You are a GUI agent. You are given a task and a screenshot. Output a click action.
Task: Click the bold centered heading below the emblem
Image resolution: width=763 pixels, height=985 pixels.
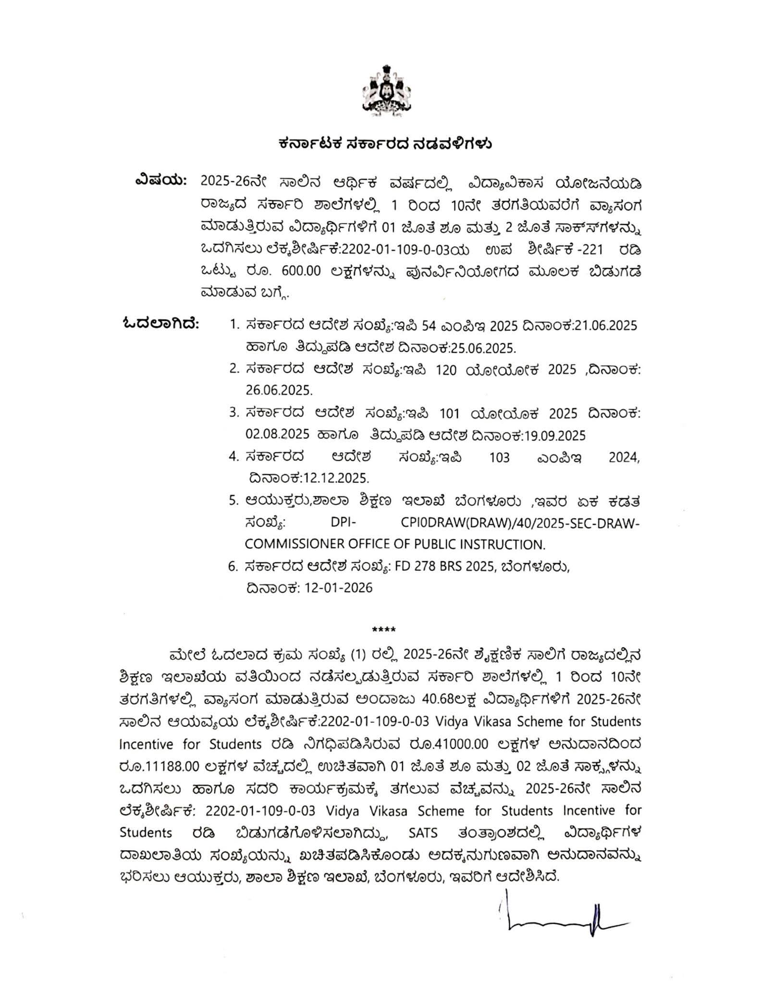click(x=385, y=144)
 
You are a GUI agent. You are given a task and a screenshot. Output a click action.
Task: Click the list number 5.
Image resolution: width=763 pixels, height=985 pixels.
click(x=233, y=501)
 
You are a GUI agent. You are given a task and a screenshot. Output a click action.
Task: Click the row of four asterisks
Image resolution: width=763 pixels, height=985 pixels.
click(x=384, y=630)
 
